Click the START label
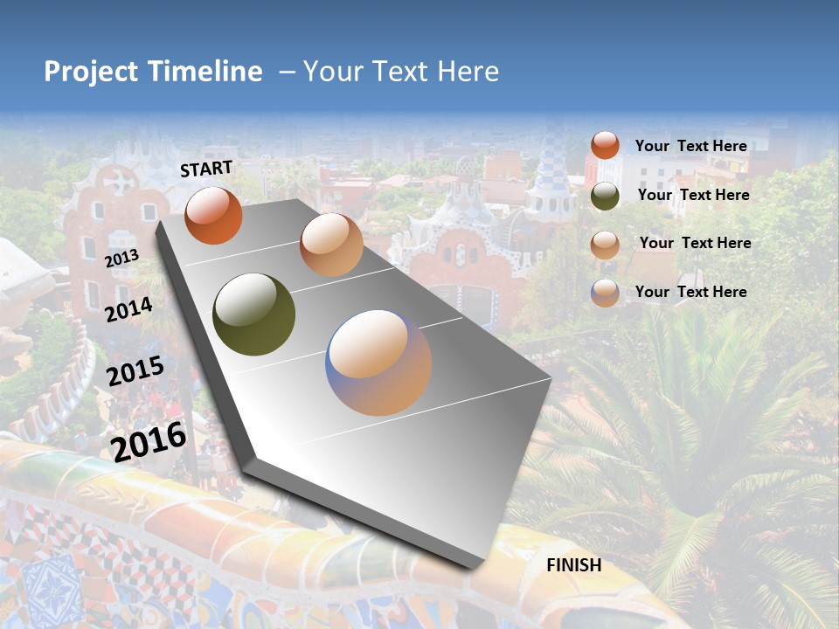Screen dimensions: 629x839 (206, 169)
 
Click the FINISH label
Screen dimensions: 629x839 (574, 565)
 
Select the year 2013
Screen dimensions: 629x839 (121, 259)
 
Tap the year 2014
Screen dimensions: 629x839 (129, 309)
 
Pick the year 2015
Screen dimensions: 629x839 (135, 371)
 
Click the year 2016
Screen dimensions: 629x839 (149, 441)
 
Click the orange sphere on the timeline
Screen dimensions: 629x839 (213, 215)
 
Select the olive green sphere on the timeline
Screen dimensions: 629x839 (254, 314)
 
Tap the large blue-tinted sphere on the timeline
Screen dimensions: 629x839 (378, 363)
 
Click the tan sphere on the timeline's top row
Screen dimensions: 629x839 (331, 245)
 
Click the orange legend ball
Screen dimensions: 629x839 (605, 145)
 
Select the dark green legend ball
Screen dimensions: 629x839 (605, 195)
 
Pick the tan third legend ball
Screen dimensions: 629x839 (605, 244)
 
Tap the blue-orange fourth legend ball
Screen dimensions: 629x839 (605, 293)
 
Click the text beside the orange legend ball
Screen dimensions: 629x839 (690, 146)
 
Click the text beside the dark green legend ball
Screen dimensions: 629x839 (694, 195)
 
